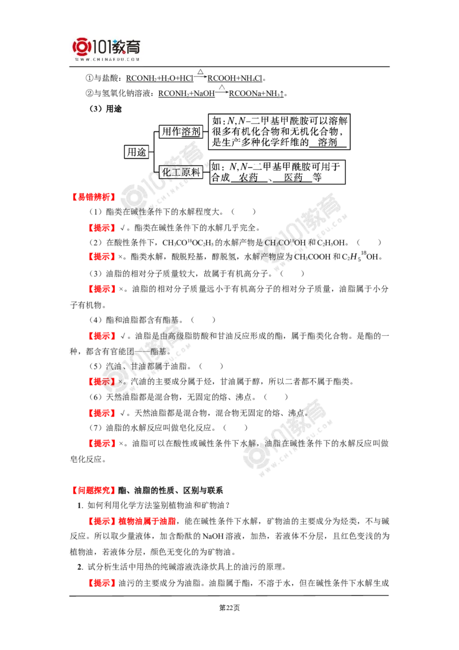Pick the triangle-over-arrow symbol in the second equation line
[x=223, y=88]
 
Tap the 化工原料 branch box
[x=181, y=171]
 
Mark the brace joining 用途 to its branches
[x=154, y=152]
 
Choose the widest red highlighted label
[x=133, y=521]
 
